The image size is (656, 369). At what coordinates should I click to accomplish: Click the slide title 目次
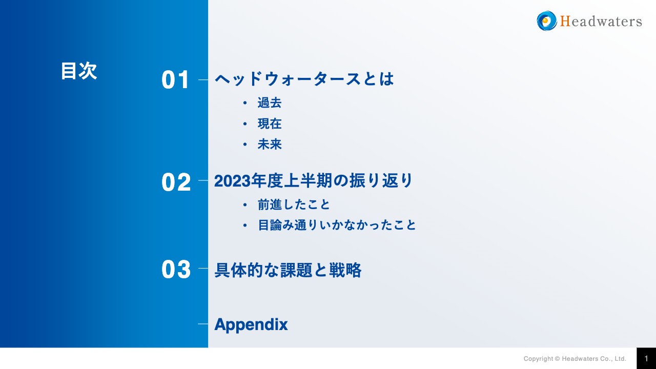coord(78,71)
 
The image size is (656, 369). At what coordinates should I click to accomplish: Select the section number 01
coord(176,80)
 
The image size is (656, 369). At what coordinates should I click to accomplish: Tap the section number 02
coord(176,182)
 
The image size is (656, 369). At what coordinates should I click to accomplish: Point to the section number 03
coord(176,270)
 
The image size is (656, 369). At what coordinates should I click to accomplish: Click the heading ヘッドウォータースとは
coord(304,79)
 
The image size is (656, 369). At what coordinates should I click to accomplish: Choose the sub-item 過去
coord(270,103)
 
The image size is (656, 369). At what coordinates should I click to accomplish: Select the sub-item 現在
coord(270,124)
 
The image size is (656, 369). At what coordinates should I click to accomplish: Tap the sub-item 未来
coord(270,145)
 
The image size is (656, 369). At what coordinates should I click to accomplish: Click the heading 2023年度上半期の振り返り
coord(313,181)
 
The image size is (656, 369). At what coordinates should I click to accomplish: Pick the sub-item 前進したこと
coord(294,205)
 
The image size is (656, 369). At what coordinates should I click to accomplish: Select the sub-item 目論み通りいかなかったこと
coord(337,225)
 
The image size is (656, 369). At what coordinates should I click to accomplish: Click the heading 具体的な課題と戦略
coord(288,270)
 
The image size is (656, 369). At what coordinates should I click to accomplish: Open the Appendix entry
coord(251,324)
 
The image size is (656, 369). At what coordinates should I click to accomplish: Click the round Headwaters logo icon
coord(546,21)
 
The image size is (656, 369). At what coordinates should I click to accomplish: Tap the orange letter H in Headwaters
coord(565,21)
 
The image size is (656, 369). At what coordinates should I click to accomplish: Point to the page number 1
coord(646,358)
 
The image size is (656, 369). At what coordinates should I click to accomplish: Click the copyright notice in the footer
coord(575,359)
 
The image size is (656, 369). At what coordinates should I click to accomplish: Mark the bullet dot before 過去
coord(245,103)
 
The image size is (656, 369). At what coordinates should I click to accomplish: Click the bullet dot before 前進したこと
coord(245,205)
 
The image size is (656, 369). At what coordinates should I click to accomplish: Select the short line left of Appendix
coord(203,324)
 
